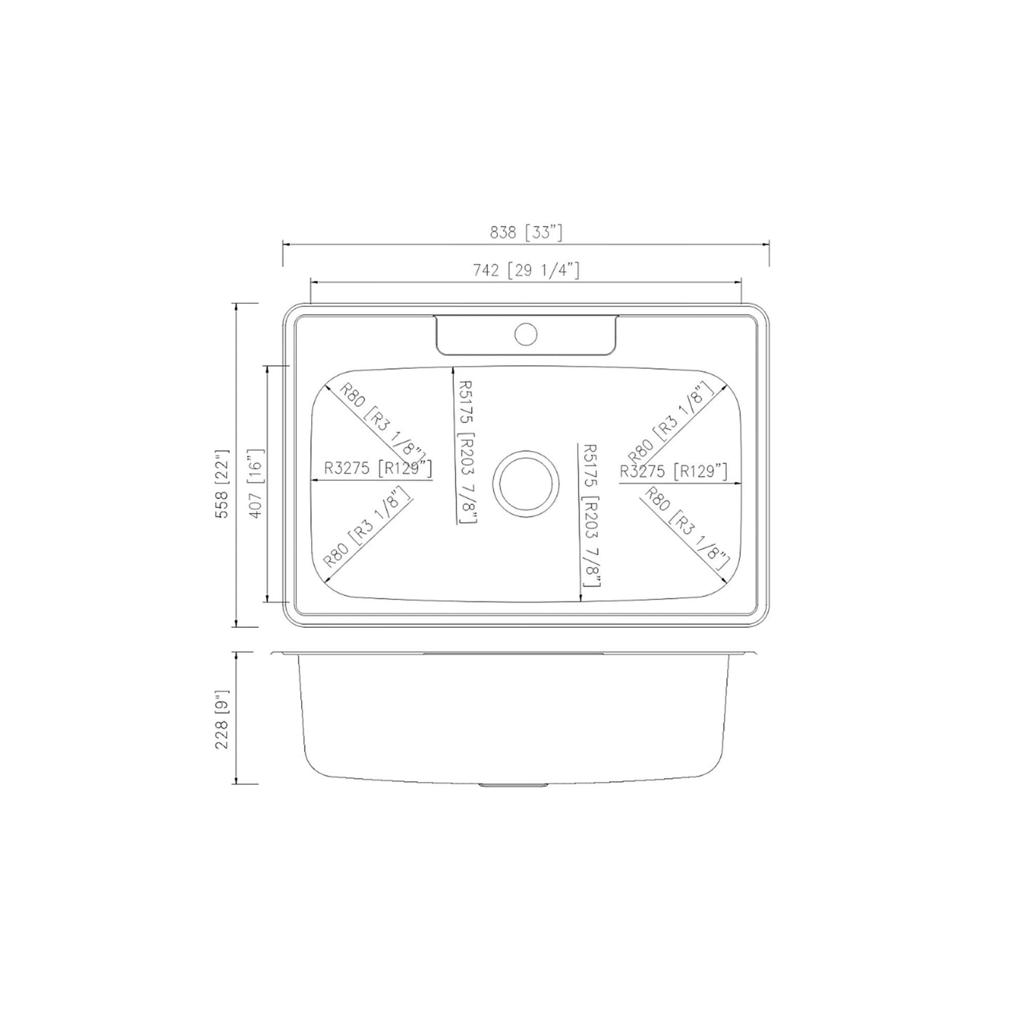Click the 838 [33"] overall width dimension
(x=527, y=232)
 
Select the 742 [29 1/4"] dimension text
(x=526, y=270)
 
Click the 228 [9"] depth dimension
(x=222, y=718)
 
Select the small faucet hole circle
(x=527, y=333)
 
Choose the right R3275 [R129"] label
(x=674, y=470)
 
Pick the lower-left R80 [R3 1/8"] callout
(x=367, y=527)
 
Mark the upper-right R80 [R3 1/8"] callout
(x=671, y=422)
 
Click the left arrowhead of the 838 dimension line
(x=287, y=245)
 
